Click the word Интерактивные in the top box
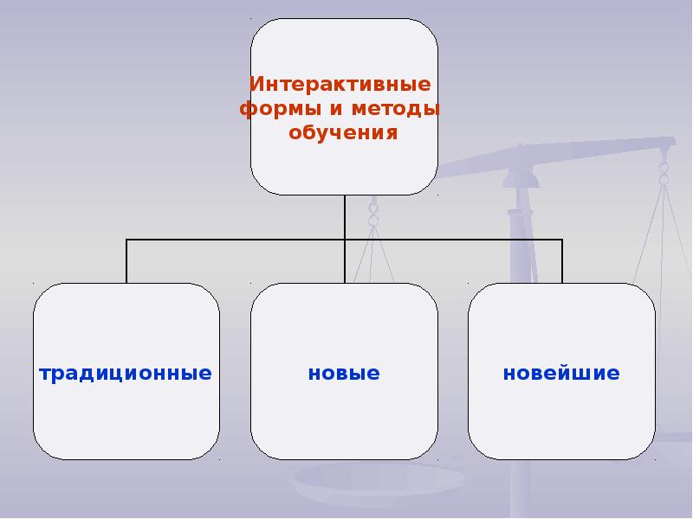pyautogui.click(x=340, y=86)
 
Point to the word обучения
pyautogui.click(x=342, y=134)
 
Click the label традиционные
pyautogui.click(x=126, y=374)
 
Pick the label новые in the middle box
pyautogui.click(x=344, y=374)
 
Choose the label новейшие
pyautogui.click(x=561, y=374)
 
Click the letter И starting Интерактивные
pyautogui.click(x=255, y=86)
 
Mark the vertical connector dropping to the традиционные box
pyautogui.click(x=126, y=261)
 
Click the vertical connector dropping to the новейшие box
pyautogui.click(x=562, y=261)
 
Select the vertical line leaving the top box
pyautogui.click(x=345, y=216)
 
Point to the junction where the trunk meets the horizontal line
pyautogui.click(x=345, y=240)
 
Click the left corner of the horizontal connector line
pyautogui.click(x=126, y=240)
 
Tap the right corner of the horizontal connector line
pyautogui.click(x=562, y=240)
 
